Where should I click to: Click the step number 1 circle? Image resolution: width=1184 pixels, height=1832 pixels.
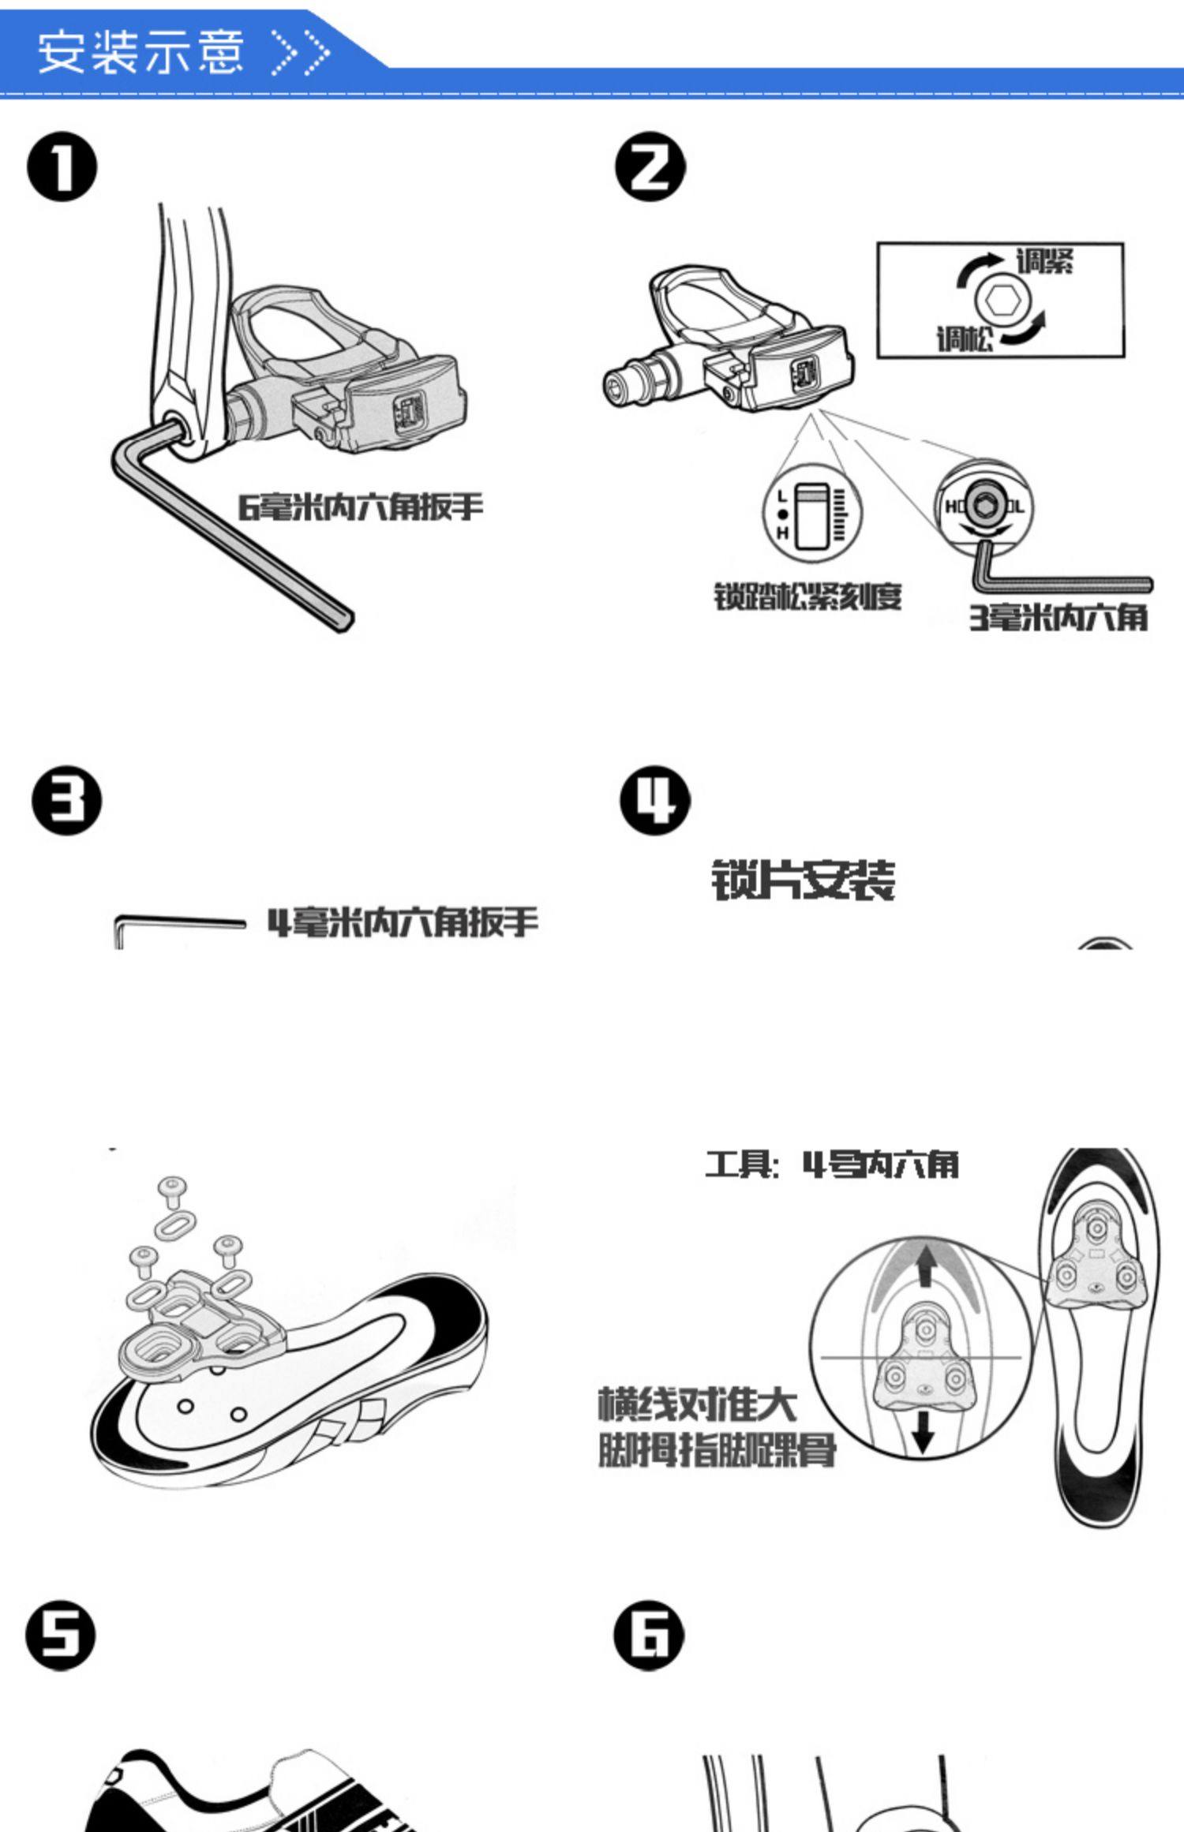click(62, 167)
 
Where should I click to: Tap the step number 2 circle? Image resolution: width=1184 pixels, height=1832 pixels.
click(650, 166)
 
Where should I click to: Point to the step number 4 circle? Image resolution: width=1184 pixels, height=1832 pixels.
click(654, 800)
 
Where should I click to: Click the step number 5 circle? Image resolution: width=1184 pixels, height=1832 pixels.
click(61, 1636)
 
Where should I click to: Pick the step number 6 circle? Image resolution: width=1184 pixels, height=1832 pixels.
click(649, 1635)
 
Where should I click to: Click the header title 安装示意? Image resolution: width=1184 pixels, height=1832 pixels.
click(141, 52)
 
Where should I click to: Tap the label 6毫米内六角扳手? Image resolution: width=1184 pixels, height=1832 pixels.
click(361, 507)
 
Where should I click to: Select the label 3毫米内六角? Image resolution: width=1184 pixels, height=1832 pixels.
click(1058, 618)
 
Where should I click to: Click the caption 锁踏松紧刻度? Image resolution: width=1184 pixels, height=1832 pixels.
click(807, 596)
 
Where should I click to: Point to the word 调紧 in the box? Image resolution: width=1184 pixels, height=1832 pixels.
click(1043, 261)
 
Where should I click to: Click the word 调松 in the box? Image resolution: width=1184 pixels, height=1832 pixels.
click(965, 340)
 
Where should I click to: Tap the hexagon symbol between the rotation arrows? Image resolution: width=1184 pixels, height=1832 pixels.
click(1002, 301)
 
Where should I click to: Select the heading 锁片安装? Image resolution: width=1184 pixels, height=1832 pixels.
click(804, 880)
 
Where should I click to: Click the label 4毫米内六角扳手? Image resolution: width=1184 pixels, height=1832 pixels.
click(403, 922)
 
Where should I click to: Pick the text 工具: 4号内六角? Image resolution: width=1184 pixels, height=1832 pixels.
click(832, 1165)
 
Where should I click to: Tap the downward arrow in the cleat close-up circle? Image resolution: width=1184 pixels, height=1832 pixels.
click(923, 1430)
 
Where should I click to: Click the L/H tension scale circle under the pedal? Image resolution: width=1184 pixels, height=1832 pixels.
click(812, 514)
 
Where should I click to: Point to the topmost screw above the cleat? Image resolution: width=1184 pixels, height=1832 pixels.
click(173, 1190)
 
